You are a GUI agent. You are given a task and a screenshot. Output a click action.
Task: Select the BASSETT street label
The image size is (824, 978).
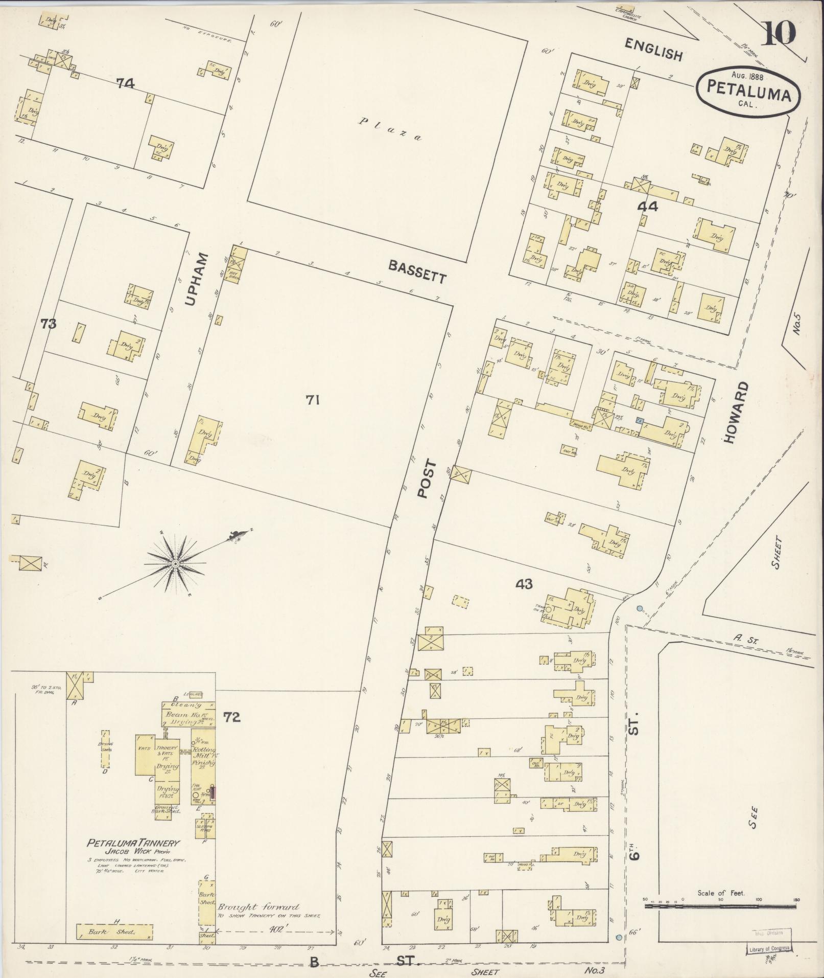(417, 271)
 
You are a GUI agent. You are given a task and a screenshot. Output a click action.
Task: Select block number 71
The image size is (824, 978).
(313, 401)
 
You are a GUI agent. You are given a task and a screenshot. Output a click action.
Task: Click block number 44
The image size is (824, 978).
(647, 207)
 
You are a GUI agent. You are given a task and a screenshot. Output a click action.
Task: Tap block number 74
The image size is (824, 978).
(125, 83)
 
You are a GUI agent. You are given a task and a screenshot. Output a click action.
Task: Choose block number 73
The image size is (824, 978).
(49, 324)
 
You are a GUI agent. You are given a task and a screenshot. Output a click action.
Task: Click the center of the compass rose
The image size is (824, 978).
(175, 563)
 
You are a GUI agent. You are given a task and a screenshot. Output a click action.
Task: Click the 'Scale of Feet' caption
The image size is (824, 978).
(721, 894)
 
